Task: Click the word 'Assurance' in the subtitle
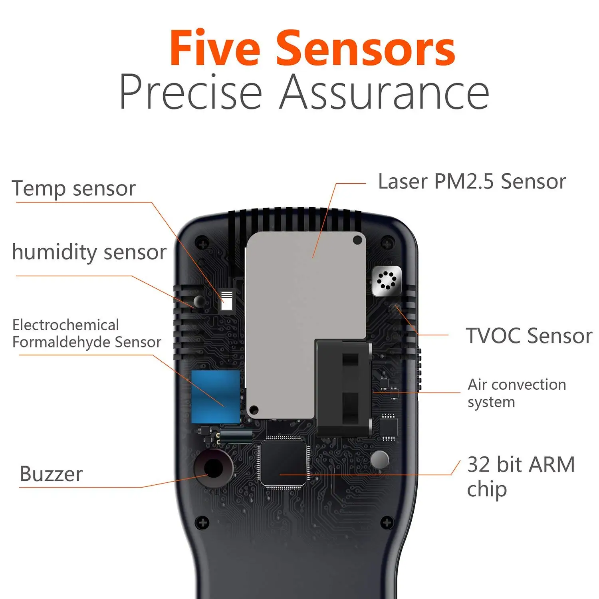coord(384,92)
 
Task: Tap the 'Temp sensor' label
coord(74,188)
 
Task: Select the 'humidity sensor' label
coord(89,252)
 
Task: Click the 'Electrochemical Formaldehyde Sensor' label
coord(87,333)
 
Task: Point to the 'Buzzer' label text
coord(51,474)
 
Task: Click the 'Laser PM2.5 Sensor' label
coord(472,182)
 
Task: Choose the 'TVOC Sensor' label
coord(528,335)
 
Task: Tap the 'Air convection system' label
coord(516,393)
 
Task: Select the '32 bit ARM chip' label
coord(520,476)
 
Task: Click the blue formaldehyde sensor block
coord(216,396)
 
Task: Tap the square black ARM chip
coord(283,463)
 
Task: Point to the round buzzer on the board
coord(214,468)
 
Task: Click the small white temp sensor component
coord(227,301)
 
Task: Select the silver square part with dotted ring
coord(386,281)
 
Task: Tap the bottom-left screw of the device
coord(203,522)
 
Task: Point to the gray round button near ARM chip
coord(379,460)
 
